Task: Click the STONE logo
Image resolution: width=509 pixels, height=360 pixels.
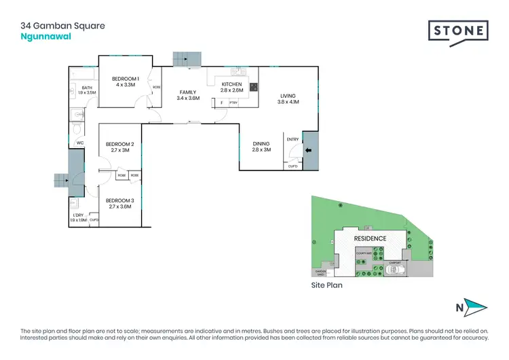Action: [x=458, y=31]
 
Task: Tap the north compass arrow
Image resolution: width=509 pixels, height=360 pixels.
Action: [x=472, y=307]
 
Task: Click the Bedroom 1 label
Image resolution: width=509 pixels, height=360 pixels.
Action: [x=126, y=78]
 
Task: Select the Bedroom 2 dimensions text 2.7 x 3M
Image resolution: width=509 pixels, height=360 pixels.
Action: [x=119, y=151]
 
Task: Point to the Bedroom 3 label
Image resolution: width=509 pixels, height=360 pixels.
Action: [x=119, y=200]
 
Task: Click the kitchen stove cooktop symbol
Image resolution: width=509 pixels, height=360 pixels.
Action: [x=253, y=86]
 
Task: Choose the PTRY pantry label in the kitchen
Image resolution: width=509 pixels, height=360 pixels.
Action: [x=233, y=103]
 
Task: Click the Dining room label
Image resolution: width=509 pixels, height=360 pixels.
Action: [x=261, y=143]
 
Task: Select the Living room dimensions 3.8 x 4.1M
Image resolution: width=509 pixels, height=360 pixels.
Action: [x=288, y=102]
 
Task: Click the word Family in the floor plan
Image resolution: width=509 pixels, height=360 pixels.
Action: [x=187, y=91]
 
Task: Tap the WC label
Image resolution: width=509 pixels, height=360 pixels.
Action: [x=79, y=143]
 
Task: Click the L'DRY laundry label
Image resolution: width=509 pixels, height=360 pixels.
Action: [x=78, y=215]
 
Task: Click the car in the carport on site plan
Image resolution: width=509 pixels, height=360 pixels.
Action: [x=394, y=270]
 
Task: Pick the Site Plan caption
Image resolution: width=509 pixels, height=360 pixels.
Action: [x=326, y=286]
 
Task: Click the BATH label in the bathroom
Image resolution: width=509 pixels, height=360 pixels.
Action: [x=87, y=88]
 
